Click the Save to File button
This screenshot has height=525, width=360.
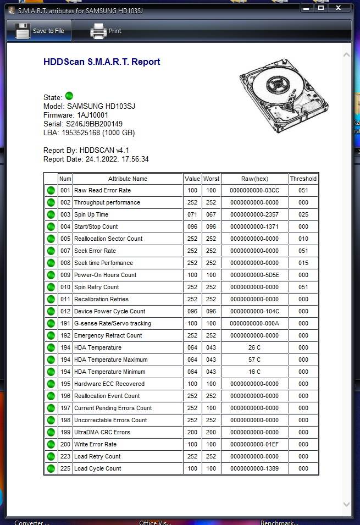tap(40, 31)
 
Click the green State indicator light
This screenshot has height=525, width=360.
tap(69, 96)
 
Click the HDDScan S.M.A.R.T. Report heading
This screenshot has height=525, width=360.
tap(102, 62)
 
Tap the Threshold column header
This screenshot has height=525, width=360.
tap(303, 179)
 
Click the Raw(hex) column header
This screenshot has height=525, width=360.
tap(254, 179)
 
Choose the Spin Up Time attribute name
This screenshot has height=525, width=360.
tap(91, 214)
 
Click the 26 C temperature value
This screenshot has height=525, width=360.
tap(254, 347)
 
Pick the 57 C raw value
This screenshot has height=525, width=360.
tap(254, 360)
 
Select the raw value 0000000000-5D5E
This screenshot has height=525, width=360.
tap(254, 275)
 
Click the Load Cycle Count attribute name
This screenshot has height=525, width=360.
tap(98, 468)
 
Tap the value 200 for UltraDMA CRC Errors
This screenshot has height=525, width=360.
tap(192, 432)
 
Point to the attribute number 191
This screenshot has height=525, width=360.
tap(65, 323)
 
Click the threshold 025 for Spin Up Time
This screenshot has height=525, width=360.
tap(303, 214)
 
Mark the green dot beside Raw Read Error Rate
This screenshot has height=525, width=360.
tap(51, 190)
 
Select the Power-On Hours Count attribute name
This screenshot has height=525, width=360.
tap(106, 275)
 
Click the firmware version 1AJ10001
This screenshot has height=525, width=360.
tap(92, 115)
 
